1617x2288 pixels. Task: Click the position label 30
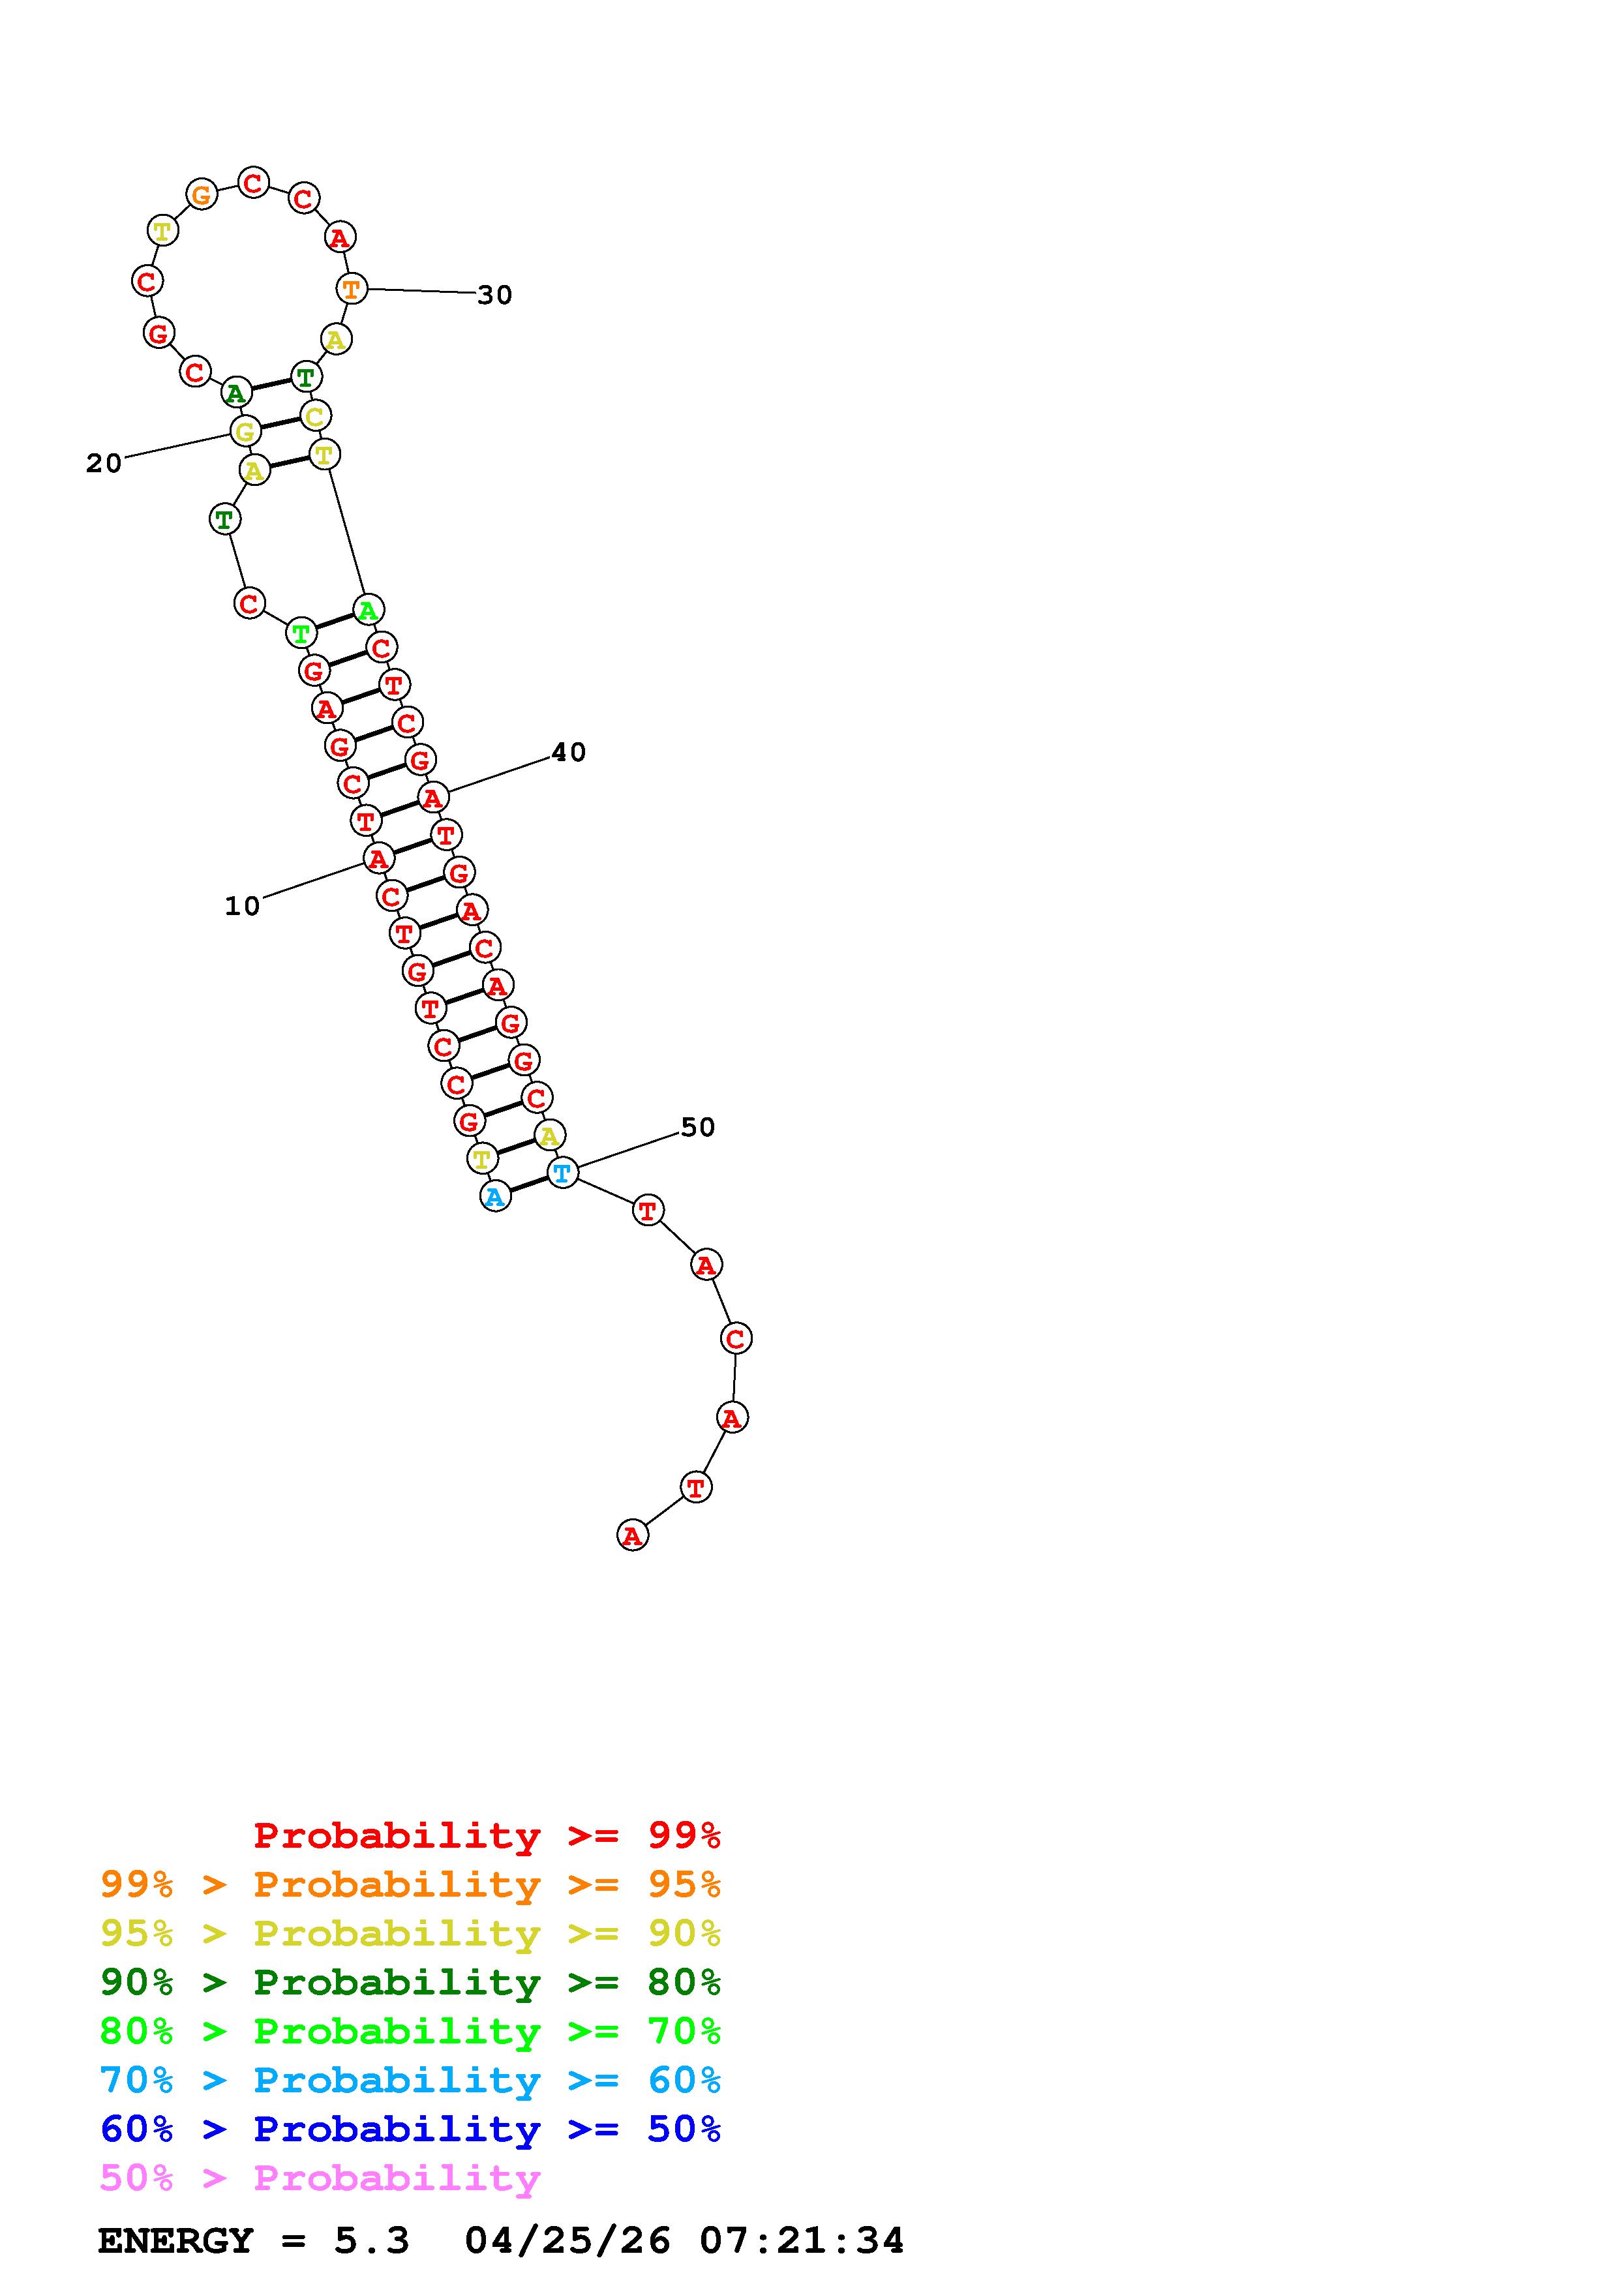click(x=494, y=295)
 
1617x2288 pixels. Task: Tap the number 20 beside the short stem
click(x=104, y=463)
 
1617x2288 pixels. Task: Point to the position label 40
click(x=568, y=753)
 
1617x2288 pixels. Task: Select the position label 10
click(x=242, y=906)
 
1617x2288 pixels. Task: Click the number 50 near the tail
click(x=697, y=1127)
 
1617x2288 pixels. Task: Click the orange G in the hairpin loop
click(x=202, y=194)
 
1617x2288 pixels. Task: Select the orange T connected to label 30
click(x=352, y=289)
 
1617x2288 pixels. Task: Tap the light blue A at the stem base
click(x=495, y=1196)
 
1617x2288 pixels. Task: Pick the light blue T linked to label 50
click(x=562, y=1172)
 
